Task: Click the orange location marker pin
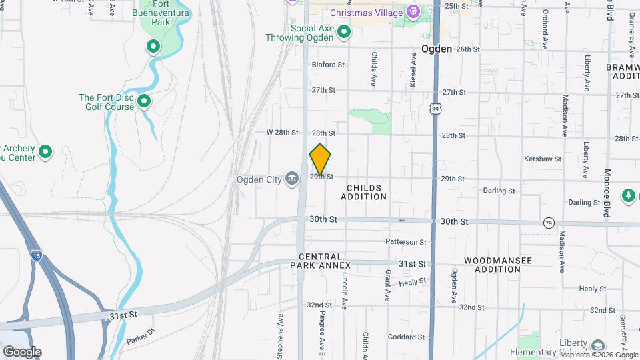(320, 159)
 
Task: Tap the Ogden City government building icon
(292, 179)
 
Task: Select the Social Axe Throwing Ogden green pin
(344, 32)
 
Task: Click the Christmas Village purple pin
(413, 12)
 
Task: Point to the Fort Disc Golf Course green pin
(143, 102)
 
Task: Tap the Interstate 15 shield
(36, 254)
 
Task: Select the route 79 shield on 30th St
(549, 222)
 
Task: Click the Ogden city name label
(437, 49)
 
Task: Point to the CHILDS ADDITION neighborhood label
(363, 193)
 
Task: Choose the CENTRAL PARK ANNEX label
(320, 261)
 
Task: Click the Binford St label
(327, 65)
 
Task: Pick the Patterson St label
(405, 242)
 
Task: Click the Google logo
(22, 352)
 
